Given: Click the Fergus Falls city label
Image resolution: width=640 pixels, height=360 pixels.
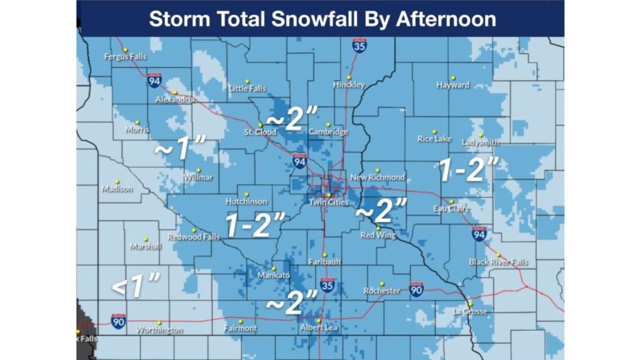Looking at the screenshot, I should [126, 57].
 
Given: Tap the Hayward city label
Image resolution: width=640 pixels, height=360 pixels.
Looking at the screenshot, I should [453, 85].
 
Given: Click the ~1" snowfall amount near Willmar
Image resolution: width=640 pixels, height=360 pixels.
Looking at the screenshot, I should [181, 148].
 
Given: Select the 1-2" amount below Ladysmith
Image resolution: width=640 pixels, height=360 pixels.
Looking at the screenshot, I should [468, 170].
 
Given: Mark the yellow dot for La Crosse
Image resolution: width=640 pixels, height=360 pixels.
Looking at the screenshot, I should [470, 304].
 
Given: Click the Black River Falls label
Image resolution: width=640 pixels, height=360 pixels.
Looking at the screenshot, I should [498, 262].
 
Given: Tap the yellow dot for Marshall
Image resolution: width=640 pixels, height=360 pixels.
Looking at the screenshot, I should [145, 239].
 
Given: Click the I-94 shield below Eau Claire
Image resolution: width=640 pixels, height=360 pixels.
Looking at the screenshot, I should [479, 233].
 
